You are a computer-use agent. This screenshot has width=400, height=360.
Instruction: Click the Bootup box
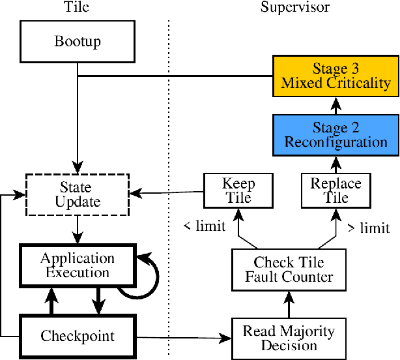pos(78,42)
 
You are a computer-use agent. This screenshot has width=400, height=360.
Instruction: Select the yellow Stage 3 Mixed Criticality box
pos(336,76)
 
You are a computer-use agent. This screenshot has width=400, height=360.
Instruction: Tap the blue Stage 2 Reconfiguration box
pos(336,134)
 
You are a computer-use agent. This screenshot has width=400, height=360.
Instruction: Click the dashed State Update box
pos(78,194)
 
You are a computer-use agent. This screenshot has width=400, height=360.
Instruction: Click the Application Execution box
pos(78,265)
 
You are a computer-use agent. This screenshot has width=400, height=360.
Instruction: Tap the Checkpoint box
pos(78,337)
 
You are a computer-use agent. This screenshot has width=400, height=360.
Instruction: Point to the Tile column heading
pos(78,8)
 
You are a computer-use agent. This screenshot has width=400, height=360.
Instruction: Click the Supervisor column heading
pos(294,8)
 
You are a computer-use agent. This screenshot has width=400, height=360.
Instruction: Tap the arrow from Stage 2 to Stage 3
pos(336,105)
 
